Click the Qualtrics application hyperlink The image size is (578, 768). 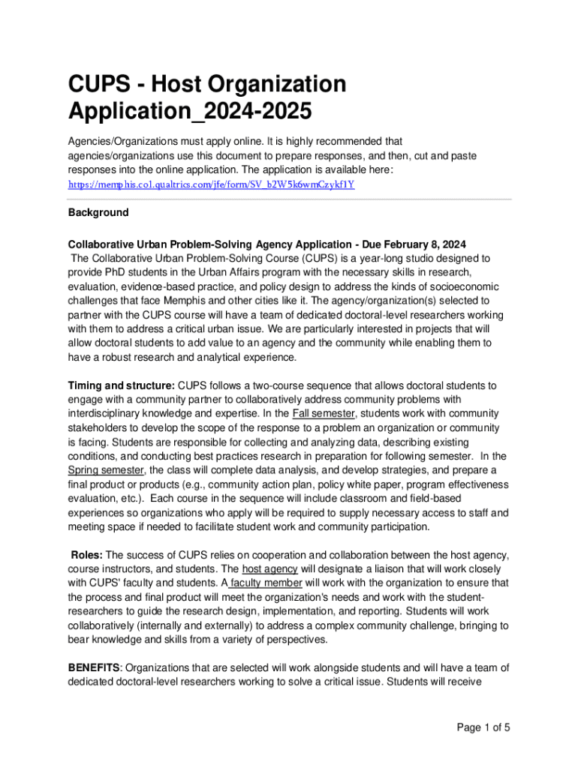(211, 184)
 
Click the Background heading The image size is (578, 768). (98, 212)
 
